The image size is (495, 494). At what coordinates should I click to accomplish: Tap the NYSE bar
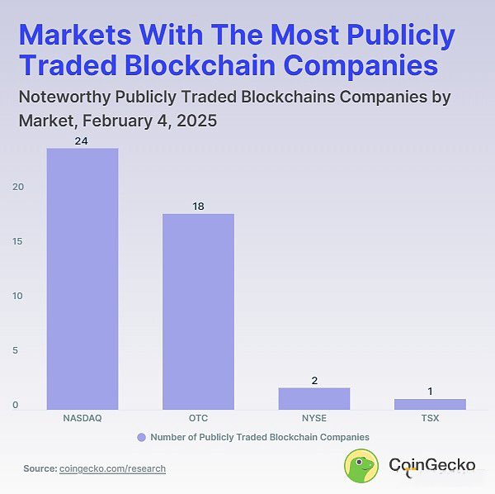(313, 398)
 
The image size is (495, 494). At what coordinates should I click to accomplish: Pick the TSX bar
(430, 404)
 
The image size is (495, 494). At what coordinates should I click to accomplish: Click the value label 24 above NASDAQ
(82, 141)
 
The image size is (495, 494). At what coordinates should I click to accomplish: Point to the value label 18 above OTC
(198, 207)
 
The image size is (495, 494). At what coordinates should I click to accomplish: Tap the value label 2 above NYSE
(313, 380)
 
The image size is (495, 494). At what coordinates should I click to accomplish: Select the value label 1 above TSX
(430, 391)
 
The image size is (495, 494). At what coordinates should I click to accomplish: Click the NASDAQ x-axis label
(82, 419)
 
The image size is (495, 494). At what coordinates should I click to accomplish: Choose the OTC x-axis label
(198, 419)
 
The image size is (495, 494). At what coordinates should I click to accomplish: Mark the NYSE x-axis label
(313, 419)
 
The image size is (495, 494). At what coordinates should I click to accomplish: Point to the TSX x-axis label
(430, 419)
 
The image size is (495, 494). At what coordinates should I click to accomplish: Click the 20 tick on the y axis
(17, 187)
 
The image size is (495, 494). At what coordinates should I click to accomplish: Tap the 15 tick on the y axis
(17, 241)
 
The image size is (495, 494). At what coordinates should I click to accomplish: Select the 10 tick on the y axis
(17, 296)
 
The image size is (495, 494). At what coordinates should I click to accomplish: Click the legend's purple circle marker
(141, 437)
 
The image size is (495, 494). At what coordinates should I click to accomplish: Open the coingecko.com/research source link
(113, 468)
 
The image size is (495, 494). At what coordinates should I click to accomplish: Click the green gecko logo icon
(361, 465)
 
